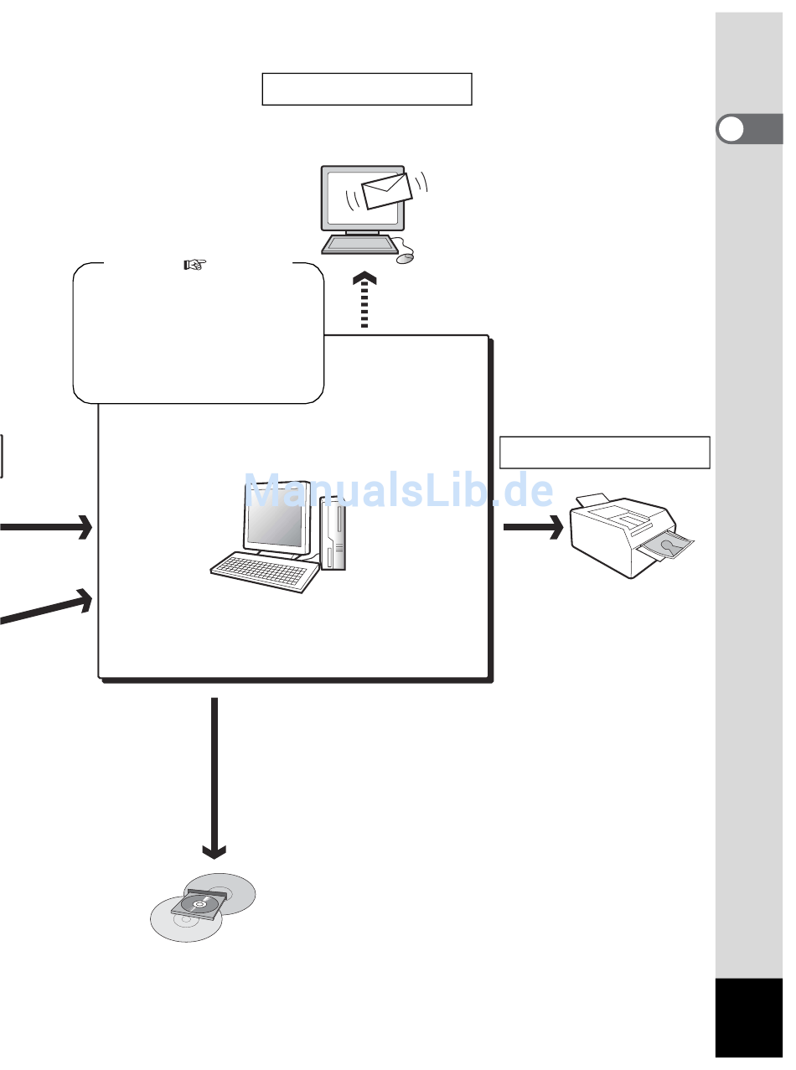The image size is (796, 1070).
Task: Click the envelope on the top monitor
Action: (385, 192)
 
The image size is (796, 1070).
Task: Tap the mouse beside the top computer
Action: (406, 258)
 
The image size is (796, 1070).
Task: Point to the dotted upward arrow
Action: (364, 302)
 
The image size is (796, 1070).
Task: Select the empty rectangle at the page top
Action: (367, 89)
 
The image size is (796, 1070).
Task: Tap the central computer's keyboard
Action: (265, 573)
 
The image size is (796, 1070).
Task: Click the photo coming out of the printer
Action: (668, 546)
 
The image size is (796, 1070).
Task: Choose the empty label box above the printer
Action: (605, 452)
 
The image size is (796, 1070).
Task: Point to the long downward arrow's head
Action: (215, 850)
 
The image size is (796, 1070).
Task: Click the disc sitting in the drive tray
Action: (199, 905)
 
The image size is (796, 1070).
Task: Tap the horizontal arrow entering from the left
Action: (46, 527)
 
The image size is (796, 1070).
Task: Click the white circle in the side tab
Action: (732, 131)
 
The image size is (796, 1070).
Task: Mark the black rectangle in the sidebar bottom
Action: (749, 1018)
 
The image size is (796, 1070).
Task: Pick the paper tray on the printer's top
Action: (592, 500)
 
